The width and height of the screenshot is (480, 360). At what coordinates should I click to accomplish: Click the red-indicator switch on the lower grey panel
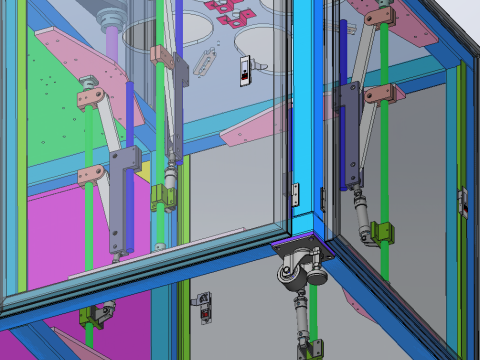pos(205,306)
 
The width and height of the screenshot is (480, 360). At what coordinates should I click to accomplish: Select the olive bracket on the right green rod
pos(377,232)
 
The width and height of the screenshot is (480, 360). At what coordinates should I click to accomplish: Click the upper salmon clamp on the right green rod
pos(381,17)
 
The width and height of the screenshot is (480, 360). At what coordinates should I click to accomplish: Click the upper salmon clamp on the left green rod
pos(93,97)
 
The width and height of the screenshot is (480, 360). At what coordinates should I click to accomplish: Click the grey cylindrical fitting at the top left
pos(111,16)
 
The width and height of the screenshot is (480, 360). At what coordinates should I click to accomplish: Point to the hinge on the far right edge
pos(462,199)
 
